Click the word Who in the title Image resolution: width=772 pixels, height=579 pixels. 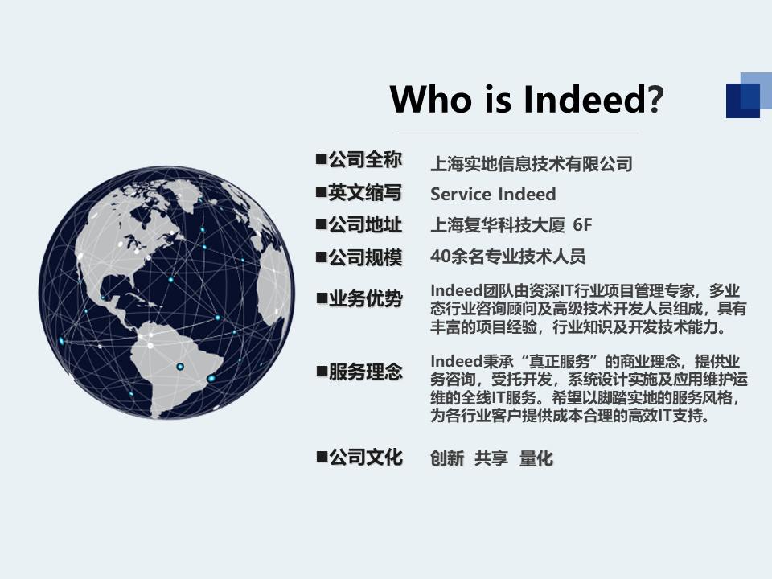coord(431,99)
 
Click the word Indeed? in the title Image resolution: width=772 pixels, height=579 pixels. coord(593,99)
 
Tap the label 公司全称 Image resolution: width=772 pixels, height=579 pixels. coord(365,159)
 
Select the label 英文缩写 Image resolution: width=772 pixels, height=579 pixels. coord(365,192)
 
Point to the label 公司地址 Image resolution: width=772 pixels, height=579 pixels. coord(365,224)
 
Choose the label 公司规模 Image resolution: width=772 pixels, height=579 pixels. coord(365,257)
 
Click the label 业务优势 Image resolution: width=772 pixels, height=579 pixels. coord(365,298)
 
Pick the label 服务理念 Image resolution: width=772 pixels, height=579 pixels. coord(365,372)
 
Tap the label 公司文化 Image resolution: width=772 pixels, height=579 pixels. coord(365,458)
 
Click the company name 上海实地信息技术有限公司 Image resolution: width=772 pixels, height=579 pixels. coord(532,164)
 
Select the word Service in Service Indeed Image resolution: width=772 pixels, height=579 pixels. coord(460,194)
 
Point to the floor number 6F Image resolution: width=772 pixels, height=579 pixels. coord(582,225)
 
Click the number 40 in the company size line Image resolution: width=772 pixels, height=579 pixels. coord(440,256)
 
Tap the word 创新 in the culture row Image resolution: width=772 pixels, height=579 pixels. coord(447,458)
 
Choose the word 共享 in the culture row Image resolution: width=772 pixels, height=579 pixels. coord(491,458)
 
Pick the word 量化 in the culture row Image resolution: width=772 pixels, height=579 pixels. coord(536,458)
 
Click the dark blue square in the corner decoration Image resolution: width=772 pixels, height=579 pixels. coord(743,101)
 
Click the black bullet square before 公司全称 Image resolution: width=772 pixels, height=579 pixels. coord(322,159)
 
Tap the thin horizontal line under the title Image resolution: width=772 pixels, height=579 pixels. coord(516,133)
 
